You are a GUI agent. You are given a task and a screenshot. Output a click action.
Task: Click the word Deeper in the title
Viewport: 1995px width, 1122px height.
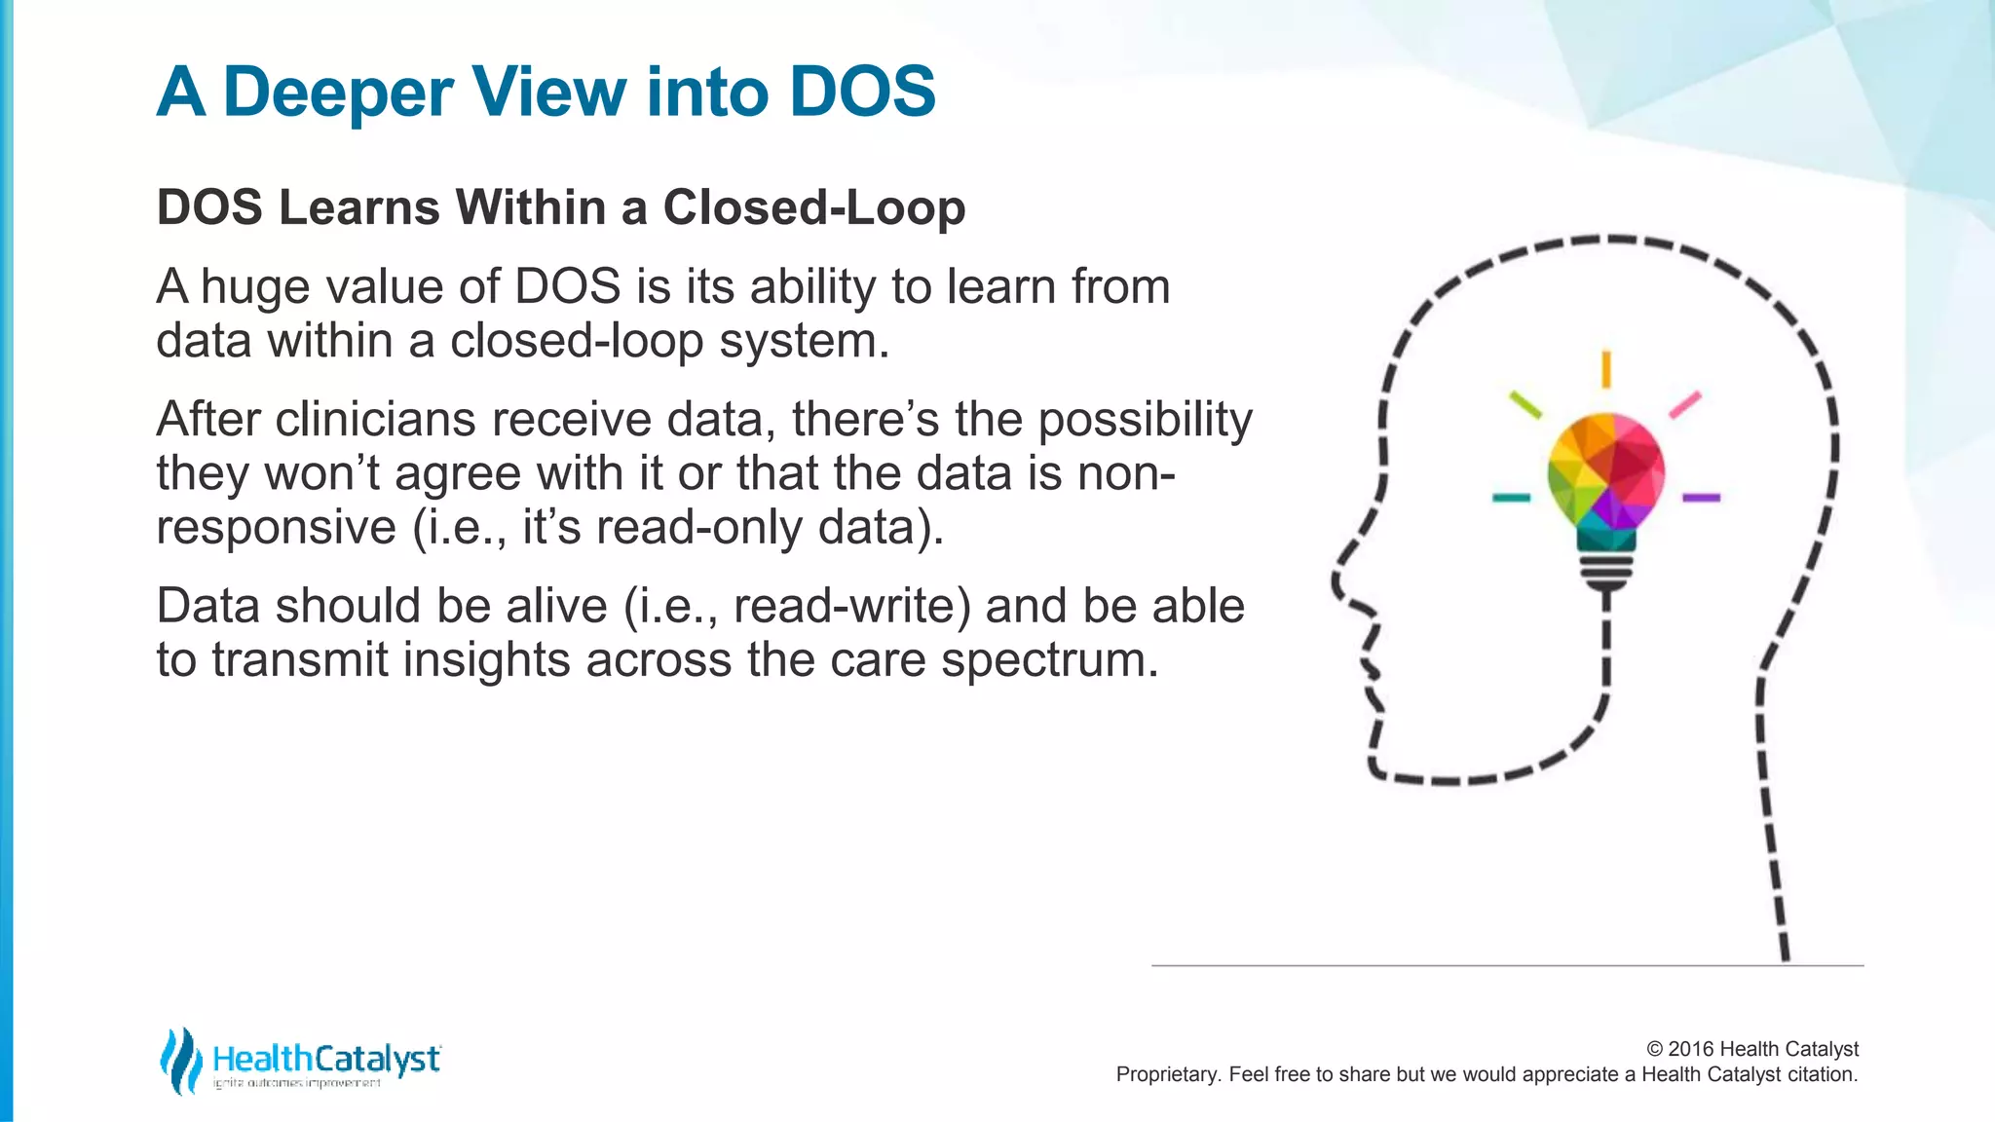pos(338,93)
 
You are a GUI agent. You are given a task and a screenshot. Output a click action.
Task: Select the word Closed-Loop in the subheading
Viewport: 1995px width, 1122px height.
pos(814,207)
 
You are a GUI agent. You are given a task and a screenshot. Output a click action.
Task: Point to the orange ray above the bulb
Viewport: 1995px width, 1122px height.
pos(1605,369)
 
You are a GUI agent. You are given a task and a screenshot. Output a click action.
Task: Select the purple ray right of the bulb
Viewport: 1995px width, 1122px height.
pos(1701,498)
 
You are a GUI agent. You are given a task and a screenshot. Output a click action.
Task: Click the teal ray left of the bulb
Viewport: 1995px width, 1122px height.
pos(1511,498)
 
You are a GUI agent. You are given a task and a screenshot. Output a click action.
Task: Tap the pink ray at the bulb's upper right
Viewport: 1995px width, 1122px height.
pos(1685,404)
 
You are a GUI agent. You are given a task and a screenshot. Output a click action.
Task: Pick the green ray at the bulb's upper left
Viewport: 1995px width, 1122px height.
pos(1525,404)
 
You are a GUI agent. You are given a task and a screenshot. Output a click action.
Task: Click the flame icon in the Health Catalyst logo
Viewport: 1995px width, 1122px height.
pos(180,1061)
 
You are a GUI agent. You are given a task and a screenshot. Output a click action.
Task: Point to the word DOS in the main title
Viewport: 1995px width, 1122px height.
pos(862,93)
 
